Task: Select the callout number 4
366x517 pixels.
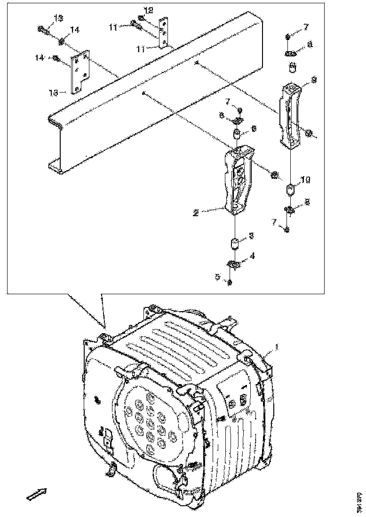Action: tap(253, 256)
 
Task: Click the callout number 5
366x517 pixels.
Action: tap(218, 277)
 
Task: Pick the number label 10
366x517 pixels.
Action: tap(306, 180)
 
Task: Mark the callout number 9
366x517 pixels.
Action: tap(314, 80)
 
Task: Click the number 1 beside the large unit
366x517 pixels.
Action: tap(278, 348)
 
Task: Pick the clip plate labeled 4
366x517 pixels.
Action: tap(234, 265)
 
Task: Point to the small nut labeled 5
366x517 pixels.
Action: tap(230, 282)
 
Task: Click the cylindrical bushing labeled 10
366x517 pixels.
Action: tap(291, 190)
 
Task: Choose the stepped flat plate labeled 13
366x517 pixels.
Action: tap(80, 73)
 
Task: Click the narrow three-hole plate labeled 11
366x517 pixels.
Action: tap(163, 34)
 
